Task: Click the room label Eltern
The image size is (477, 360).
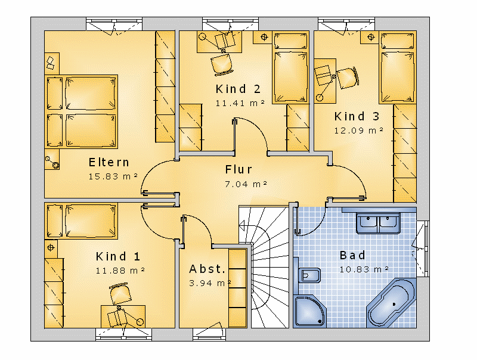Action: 109,162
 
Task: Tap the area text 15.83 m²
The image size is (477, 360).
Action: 113,176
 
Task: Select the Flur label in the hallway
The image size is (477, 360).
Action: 238,169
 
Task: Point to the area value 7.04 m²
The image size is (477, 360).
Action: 246,184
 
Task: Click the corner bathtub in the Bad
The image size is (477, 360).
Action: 392,303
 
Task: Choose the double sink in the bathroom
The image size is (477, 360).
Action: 378,223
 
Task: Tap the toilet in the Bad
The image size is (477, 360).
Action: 308,275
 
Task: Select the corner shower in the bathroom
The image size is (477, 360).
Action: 309,311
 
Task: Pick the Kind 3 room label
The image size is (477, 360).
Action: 357,116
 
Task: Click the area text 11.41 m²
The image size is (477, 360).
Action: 240,103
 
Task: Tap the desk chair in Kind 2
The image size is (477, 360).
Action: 222,64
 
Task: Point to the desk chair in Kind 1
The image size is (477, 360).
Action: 120,294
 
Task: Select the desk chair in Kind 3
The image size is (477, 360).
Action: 348,78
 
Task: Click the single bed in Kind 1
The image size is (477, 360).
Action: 81,221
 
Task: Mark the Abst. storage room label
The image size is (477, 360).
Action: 207,269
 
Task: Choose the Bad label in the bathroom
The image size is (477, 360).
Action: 352,255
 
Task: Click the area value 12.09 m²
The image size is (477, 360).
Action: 359,131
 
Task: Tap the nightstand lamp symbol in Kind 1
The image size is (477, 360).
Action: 51,247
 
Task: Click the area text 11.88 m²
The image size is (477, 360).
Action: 120,271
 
